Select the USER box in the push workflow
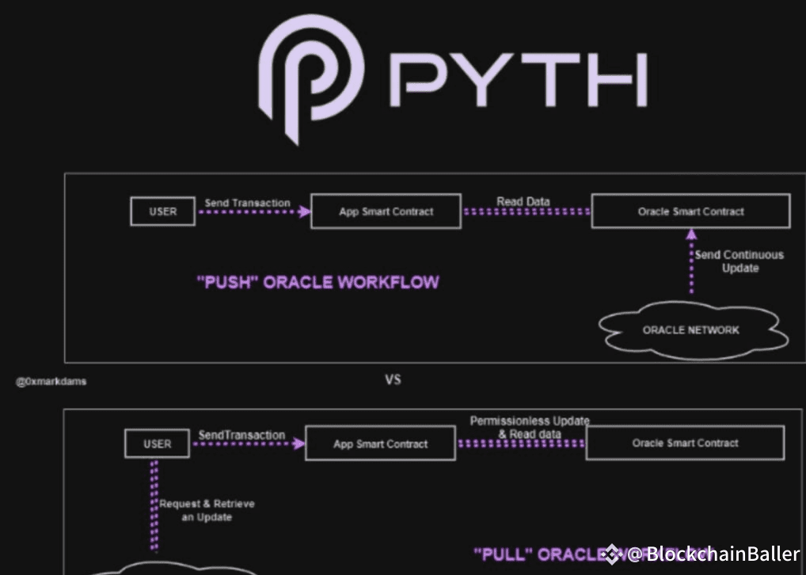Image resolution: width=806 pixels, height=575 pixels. coord(163,211)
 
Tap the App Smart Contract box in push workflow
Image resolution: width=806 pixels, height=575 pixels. coord(386,212)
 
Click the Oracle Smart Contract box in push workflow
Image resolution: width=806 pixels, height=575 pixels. coord(690,211)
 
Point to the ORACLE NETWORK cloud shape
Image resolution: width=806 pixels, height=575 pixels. coord(691,329)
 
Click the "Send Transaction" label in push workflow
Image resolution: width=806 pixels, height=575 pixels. coord(247,203)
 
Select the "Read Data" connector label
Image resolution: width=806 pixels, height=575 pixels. coord(523,202)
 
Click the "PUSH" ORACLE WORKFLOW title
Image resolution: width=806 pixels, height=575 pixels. coord(317,283)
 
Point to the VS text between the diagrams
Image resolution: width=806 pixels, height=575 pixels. coord(393,380)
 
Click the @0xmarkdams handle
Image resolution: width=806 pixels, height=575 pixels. coord(51,382)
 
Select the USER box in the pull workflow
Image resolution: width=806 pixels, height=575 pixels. coord(157,444)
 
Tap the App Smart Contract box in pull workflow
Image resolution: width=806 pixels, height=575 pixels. coord(380,444)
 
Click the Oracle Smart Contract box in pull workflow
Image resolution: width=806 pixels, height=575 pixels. coord(685,444)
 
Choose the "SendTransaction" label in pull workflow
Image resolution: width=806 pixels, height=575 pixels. coord(241,435)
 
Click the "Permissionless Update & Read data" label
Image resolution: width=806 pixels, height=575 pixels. coord(530,427)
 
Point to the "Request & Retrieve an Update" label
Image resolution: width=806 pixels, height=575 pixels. coord(207,510)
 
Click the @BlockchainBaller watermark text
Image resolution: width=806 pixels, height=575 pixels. coord(713,554)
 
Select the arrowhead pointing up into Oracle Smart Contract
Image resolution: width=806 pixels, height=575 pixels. coord(691,234)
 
